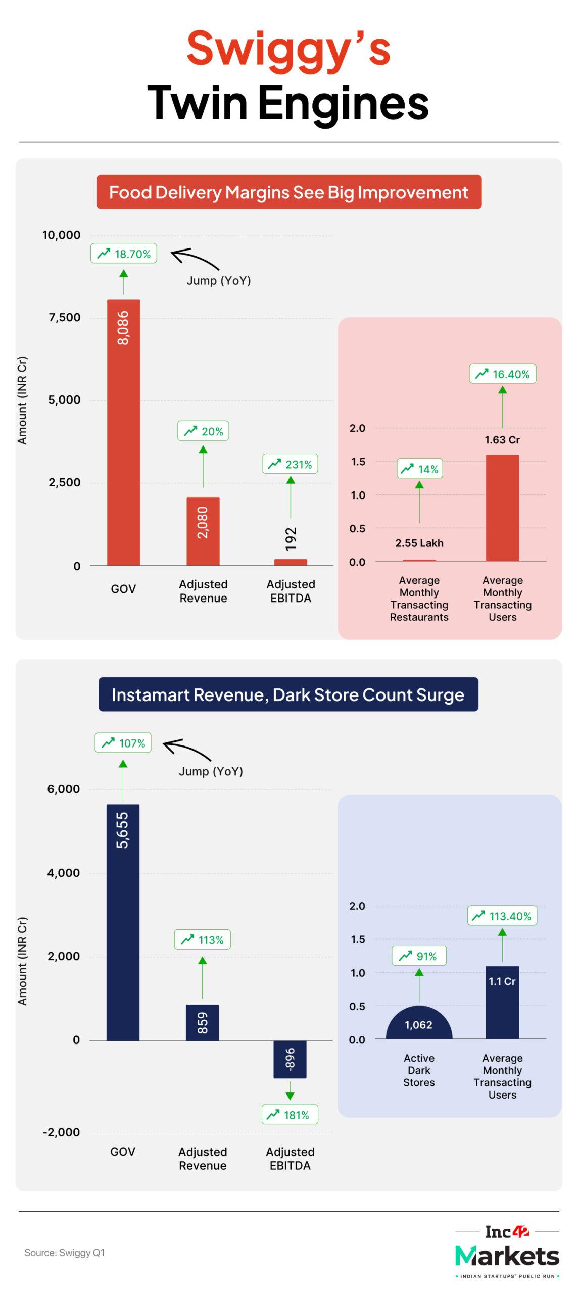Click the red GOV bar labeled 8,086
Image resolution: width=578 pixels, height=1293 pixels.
(x=123, y=432)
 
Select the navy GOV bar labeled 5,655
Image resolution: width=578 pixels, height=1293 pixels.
(x=123, y=922)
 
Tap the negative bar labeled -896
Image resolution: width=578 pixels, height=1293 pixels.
(x=290, y=1059)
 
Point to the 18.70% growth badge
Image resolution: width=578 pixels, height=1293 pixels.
(x=124, y=254)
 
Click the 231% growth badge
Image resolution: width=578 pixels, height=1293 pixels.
(x=290, y=464)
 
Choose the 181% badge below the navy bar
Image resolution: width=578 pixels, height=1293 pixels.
(x=290, y=1114)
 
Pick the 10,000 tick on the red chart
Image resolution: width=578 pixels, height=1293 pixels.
(x=62, y=235)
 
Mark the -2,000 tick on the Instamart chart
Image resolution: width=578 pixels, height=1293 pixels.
(x=61, y=1132)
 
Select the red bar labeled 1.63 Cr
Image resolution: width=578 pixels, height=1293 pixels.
(x=502, y=508)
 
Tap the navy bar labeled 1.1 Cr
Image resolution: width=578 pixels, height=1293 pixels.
(x=502, y=1002)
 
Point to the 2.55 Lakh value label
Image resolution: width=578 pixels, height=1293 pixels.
(x=419, y=543)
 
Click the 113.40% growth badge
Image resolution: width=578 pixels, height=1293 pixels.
(x=502, y=916)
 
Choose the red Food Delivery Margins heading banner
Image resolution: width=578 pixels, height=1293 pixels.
(x=289, y=192)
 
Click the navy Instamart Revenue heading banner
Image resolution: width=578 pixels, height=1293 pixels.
(x=288, y=694)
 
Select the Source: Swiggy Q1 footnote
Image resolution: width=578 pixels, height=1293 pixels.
(x=65, y=1252)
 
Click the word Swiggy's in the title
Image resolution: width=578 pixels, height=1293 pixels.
(x=288, y=49)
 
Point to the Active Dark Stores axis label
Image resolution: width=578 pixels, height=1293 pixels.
(x=419, y=1070)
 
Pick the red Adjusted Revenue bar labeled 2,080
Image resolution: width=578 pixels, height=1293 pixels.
(x=203, y=531)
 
